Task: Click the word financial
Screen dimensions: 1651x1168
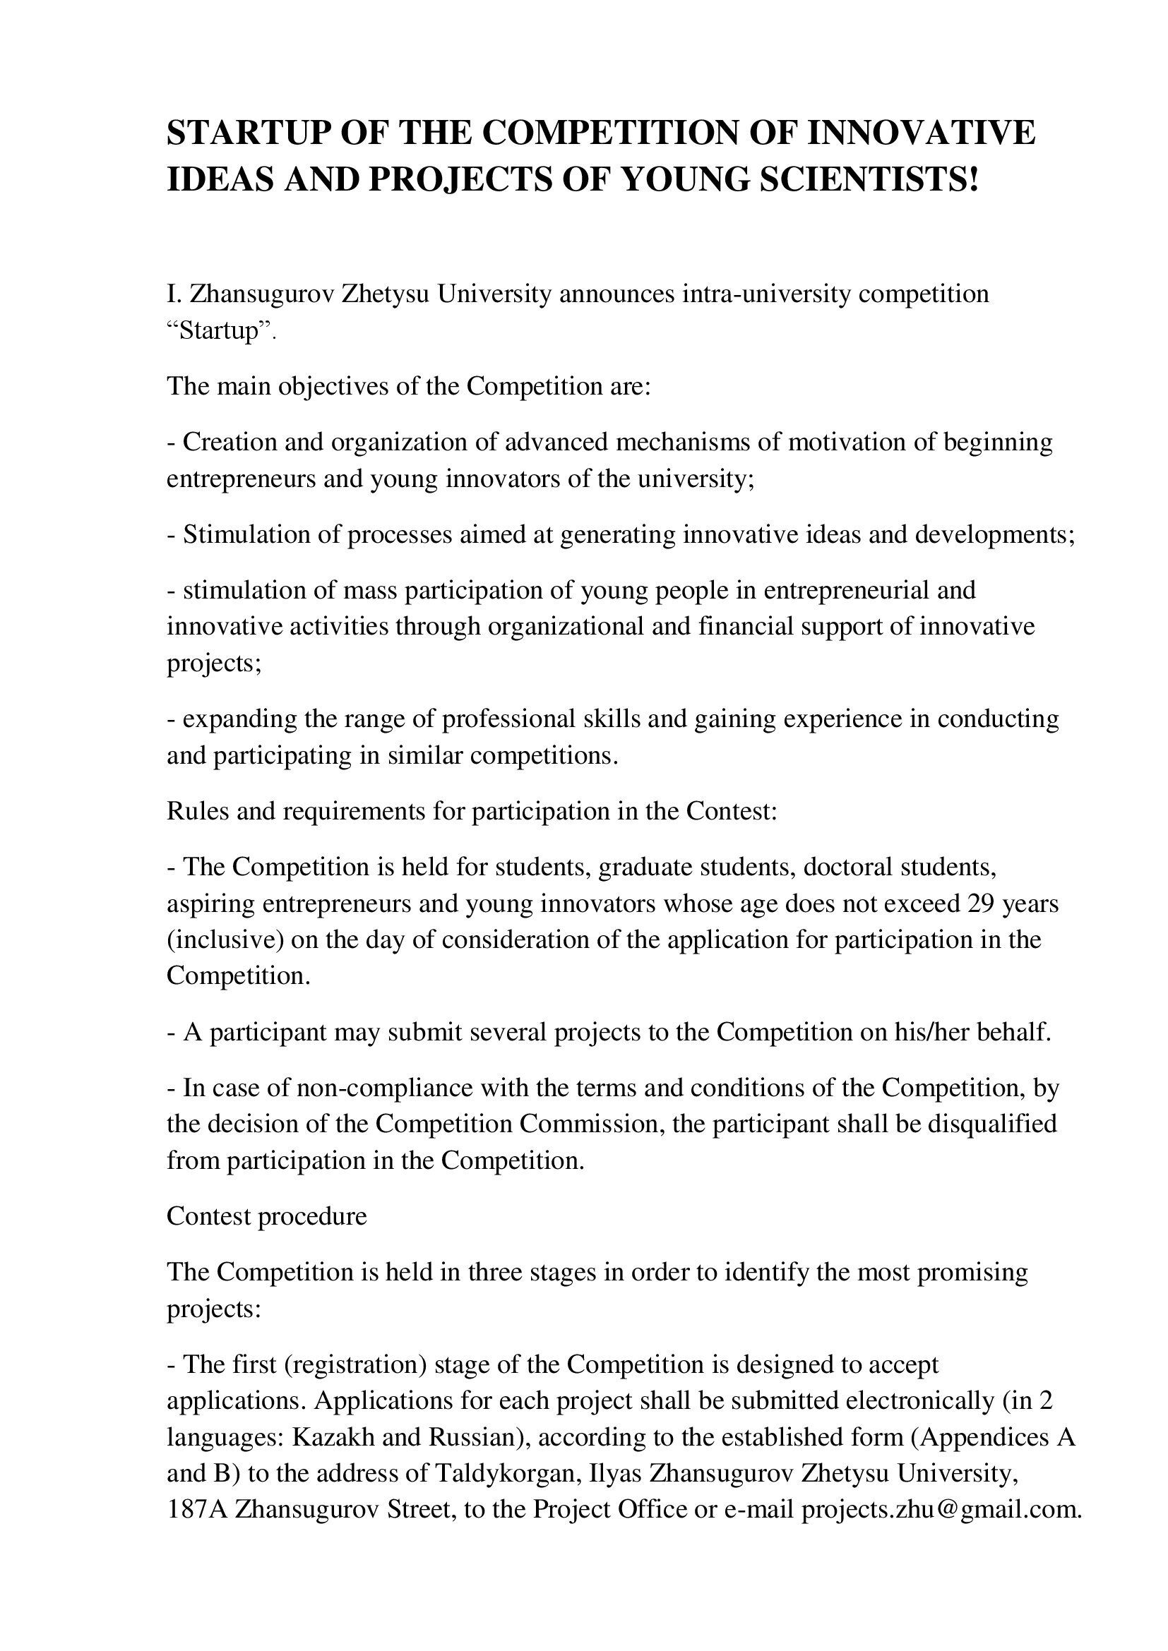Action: tap(746, 626)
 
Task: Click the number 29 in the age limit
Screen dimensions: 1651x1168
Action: tap(981, 903)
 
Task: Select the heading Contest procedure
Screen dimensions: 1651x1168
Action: tap(267, 1216)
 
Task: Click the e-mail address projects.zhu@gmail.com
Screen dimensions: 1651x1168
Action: tap(941, 1510)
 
